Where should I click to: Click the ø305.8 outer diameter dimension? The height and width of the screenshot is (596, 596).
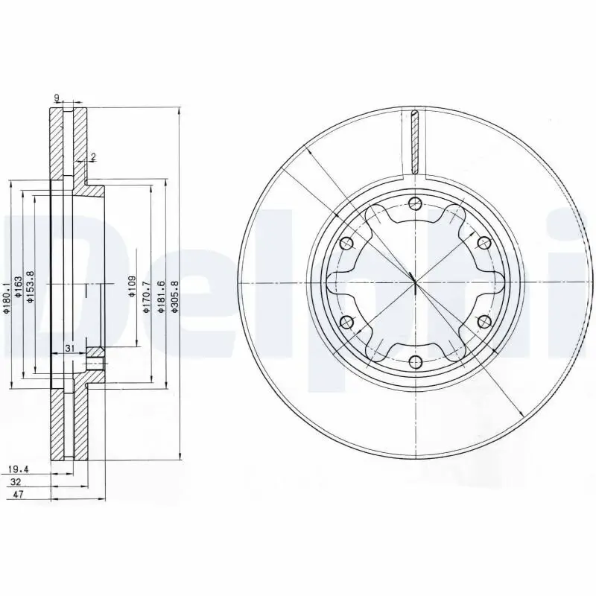pyautogui.click(x=174, y=297)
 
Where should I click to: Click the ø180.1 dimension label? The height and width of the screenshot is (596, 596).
pyautogui.click(x=6, y=297)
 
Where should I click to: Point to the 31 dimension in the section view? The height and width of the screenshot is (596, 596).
pyautogui.click(x=69, y=349)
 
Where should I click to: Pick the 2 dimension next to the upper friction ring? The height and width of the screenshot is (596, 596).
pyautogui.click(x=93, y=156)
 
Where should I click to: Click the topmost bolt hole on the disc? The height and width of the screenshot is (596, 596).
pyautogui.click(x=415, y=204)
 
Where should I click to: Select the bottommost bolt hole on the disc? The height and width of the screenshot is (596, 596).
pyautogui.click(x=415, y=363)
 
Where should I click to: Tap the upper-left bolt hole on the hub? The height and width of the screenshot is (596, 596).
pyautogui.click(x=346, y=243)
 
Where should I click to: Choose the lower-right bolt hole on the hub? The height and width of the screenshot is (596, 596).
pyautogui.click(x=484, y=322)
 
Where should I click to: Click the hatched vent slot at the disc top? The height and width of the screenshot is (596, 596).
pyautogui.click(x=415, y=142)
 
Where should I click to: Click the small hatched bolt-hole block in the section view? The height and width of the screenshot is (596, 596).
pyautogui.click(x=94, y=358)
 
